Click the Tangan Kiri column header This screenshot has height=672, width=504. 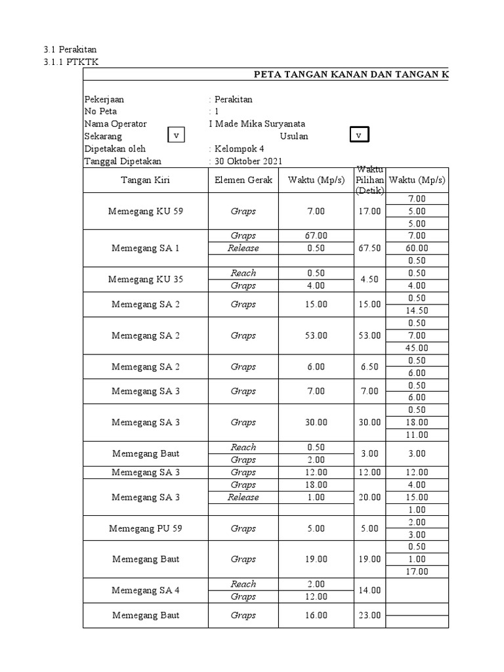[146, 180]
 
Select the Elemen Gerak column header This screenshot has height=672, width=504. [243, 180]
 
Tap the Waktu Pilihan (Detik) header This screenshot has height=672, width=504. [369, 180]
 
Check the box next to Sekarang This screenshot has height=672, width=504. [176, 135]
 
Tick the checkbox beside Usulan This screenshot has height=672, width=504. [358, 135]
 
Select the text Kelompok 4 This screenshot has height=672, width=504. [236, 148]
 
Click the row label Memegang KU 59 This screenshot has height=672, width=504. [146, 211]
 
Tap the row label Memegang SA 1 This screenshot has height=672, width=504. [146, 248]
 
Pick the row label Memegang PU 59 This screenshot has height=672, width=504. [146, 528]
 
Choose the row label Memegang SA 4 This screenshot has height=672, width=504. [146, 590]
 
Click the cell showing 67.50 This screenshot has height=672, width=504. [369, 248]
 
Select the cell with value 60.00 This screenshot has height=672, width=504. [417, 248]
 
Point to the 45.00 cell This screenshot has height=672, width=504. [417, 348]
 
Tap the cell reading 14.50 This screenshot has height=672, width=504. [417, 310]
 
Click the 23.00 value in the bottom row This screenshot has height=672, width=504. [369, 616]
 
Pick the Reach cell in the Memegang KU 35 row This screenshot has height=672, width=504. [243, 273]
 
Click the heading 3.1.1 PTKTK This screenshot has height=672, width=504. [71, 62]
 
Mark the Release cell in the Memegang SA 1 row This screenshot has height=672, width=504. [243, 248]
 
